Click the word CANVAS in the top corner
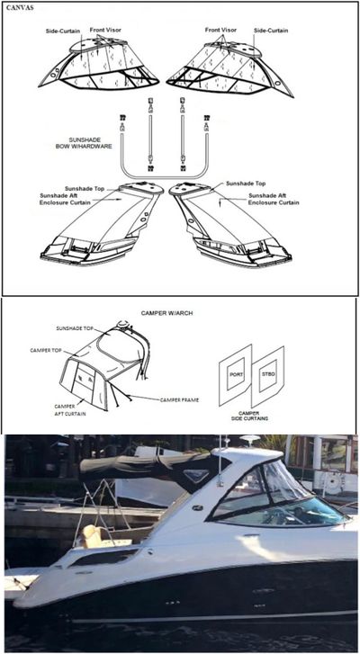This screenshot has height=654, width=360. click(19, 10)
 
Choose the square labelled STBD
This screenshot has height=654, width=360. click(268, 372)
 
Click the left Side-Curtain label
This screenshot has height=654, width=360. click(63, 31)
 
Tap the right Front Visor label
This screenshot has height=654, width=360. click(221, 30)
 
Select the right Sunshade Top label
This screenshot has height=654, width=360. click(246, 183)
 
